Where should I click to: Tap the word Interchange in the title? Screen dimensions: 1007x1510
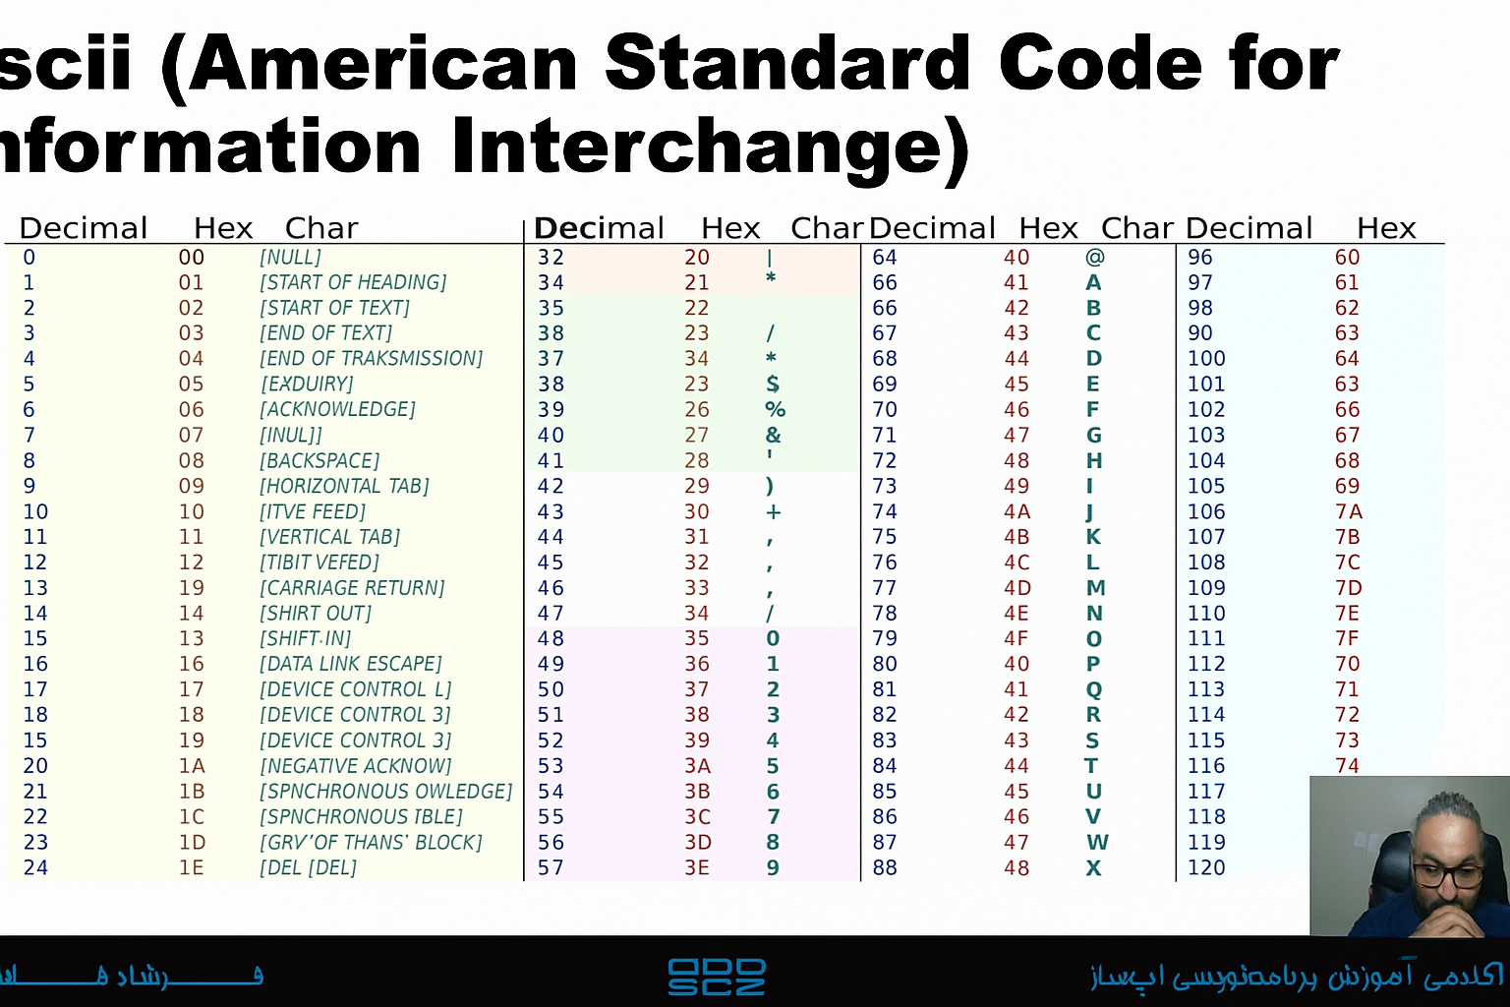[710, 148]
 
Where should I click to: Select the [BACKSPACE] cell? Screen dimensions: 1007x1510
[319, 460]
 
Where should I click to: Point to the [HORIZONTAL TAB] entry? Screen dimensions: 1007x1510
[344, 486]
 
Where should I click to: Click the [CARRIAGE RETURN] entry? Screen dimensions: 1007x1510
[352, 588]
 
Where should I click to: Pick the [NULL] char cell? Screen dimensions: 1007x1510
[290, 258]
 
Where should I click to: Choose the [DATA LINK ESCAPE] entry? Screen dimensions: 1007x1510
[350, 664]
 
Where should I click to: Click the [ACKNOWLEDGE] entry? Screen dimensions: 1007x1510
[337, 409]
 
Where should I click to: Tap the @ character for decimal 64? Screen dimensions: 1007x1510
[1094, 258]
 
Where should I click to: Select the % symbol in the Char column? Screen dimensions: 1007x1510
[775, 409]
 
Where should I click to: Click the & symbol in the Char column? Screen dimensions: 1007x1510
[774, 435]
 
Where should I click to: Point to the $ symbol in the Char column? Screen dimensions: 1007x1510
[773, 384]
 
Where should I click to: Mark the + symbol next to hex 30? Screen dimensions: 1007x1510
[774, 511]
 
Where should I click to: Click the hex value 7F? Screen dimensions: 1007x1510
[1347, 638]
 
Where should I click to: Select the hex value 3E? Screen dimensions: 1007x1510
[697, 867]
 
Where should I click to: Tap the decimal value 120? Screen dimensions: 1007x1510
[1206, 867]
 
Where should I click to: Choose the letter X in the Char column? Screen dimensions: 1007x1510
[1093, 867]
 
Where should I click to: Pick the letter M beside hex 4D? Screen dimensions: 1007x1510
[1095, 588]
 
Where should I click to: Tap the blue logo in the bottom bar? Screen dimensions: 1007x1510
[717, 977]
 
